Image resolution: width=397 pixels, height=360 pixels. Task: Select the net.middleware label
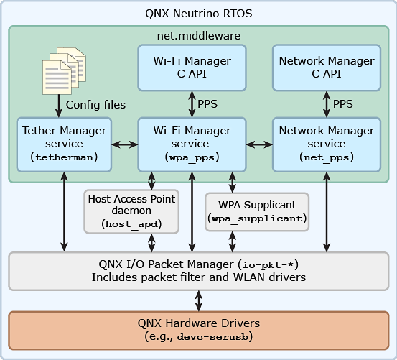198,35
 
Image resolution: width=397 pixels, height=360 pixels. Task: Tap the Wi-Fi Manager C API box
192,67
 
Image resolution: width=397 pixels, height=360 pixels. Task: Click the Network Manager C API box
327,67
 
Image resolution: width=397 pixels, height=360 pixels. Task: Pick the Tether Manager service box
65,144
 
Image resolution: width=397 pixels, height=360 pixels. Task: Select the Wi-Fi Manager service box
192,144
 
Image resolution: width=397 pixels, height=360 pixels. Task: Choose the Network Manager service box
327,144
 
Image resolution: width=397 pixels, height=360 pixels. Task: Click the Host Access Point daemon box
131,211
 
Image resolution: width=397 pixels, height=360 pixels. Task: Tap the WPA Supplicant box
257,211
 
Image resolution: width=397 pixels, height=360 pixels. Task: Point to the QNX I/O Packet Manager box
198,270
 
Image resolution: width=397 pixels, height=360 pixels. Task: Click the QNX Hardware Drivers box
198,329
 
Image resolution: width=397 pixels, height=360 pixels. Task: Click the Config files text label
95,105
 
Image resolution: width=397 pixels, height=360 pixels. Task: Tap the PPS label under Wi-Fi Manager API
207,104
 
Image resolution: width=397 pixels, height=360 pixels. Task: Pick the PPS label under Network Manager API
343,104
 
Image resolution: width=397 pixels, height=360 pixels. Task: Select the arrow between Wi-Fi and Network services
259,144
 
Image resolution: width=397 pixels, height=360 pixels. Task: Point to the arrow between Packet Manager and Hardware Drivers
198,300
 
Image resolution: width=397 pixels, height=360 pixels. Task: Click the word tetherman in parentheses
65,157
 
